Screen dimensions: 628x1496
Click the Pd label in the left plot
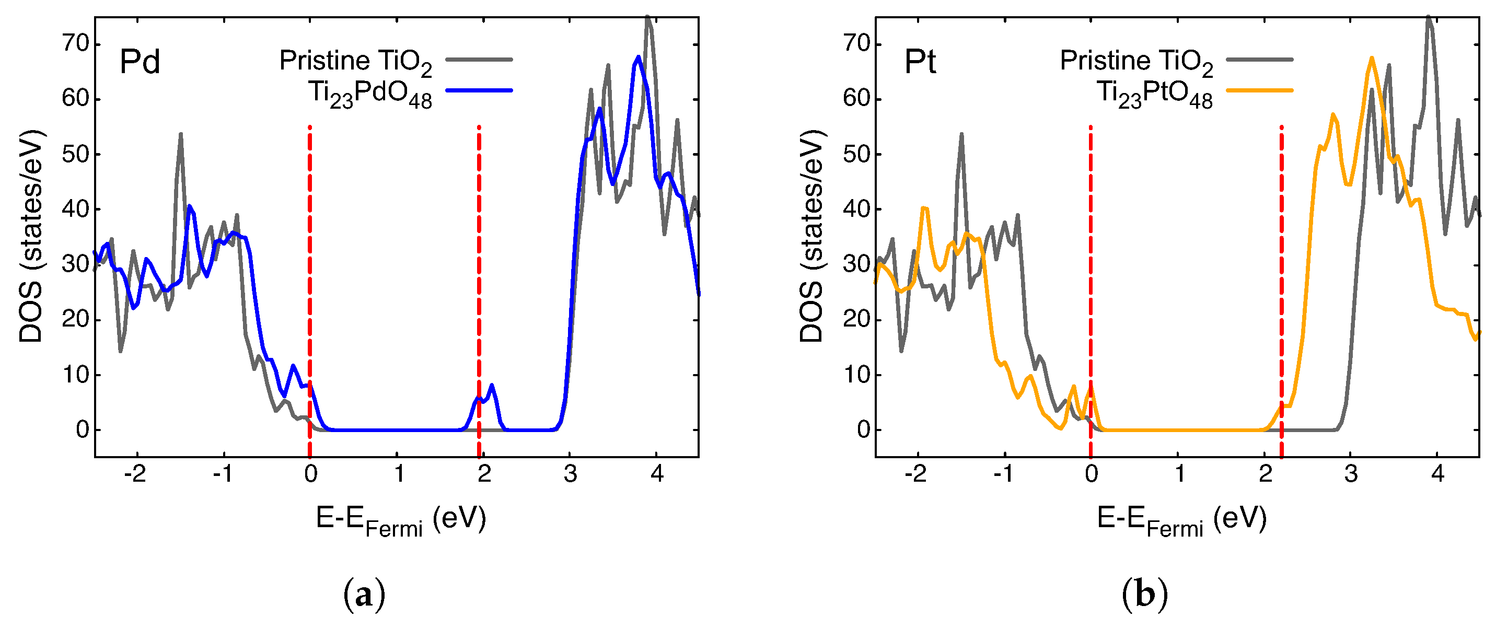coord(140,62)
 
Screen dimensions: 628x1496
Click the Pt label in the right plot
coord(920,62)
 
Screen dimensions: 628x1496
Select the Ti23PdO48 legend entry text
coord(370,94)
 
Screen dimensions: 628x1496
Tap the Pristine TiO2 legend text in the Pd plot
coord(355,62)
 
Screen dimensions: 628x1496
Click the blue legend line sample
coord(479,90)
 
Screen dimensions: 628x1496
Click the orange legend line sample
coord(1260,90)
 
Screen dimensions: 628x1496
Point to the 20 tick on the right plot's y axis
coord(856,320)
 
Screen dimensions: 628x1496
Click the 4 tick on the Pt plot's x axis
coord(1437,474)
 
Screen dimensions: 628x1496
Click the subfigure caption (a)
coord(364,596)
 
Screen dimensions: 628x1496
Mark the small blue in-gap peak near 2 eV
coord(491,386)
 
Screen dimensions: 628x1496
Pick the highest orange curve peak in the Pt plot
coord(1372,58)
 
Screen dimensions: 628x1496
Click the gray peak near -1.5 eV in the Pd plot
coord(181,135)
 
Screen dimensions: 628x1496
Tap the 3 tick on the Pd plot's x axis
coord(570,474)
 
